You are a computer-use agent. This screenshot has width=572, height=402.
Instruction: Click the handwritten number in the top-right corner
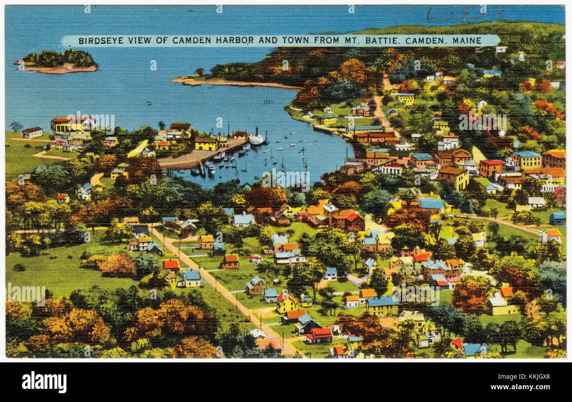click(464, 15)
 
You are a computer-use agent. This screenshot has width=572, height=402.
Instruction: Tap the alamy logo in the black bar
click(44, 382)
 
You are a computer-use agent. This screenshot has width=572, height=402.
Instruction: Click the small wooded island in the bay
click(59, 61)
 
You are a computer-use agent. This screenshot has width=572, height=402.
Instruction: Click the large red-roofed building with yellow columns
click(72, 124)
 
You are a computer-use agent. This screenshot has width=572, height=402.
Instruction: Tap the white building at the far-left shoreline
click(33, 132)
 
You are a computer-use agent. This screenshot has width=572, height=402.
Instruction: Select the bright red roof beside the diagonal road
click(171, 264)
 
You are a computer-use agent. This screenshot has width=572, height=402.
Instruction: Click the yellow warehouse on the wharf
click(206, 143)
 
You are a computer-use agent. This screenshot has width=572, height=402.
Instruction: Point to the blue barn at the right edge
click(557, 218)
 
